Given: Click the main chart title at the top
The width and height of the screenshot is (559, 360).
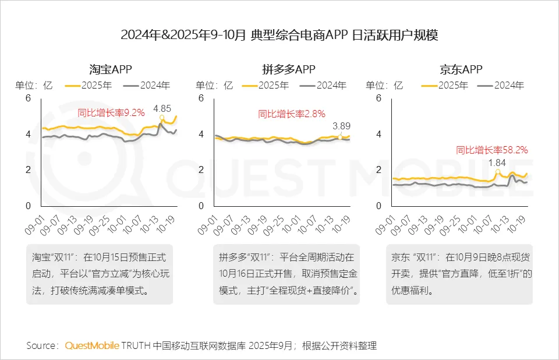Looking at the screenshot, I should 279,35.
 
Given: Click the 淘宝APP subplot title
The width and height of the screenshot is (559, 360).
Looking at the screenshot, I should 111,70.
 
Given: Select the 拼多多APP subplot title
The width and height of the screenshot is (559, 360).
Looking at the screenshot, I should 289,70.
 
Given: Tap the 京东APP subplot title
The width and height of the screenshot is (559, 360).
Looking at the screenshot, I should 461,70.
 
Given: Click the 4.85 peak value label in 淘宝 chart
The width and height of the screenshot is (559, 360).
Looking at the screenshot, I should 162,108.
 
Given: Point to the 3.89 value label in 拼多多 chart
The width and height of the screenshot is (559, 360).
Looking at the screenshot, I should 342,125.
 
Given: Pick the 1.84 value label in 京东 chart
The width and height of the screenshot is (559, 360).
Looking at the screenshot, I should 497,163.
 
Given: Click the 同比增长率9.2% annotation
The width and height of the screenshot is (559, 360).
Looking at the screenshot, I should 111,113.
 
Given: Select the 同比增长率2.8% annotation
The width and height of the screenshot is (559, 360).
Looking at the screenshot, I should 292,114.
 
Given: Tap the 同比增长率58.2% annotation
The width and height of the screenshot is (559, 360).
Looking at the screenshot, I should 491,150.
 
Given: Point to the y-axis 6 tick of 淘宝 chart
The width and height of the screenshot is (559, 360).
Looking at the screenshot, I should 27,98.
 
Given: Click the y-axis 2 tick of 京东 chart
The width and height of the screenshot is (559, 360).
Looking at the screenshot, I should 378,170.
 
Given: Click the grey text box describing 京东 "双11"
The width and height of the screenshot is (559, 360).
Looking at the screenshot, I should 459,275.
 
